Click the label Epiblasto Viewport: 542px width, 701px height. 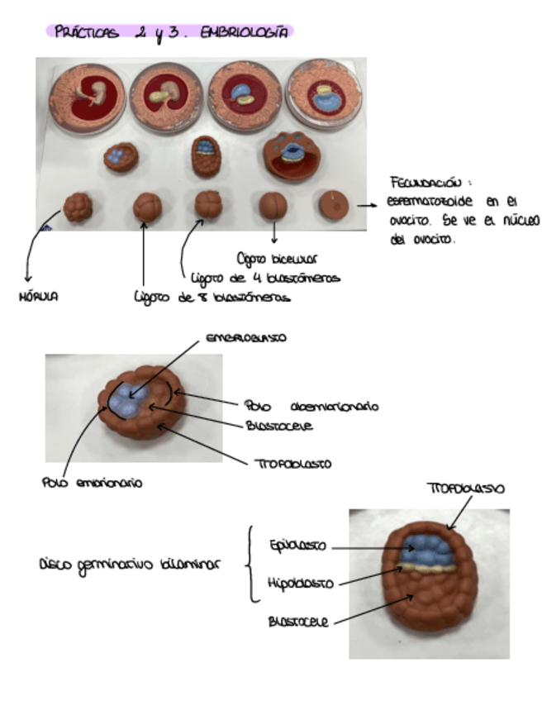[x=297, y=546]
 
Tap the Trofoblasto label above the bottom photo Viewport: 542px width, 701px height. [x=464, y=489]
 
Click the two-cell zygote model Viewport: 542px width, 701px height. [x=273, y=205]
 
